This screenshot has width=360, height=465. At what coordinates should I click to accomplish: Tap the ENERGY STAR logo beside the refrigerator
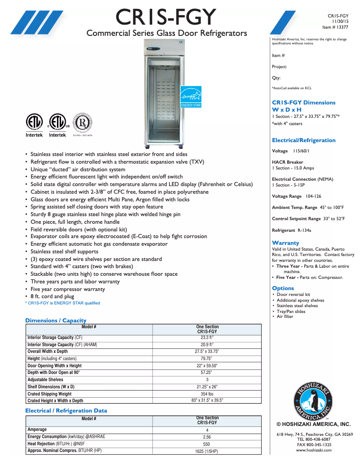(x=191, y=97)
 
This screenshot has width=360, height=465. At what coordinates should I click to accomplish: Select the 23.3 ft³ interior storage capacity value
(x=207, y=338)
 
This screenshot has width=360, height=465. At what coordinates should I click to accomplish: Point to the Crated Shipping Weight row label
(x=49, y=394)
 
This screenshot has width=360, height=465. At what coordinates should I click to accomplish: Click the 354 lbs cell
(x=207, y=394)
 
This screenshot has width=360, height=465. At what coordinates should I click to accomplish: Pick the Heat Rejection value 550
(x=206, y=443)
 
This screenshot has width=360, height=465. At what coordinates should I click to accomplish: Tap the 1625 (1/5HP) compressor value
(x=206, y=451)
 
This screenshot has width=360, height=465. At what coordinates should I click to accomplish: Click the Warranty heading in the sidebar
(x=285, y=243)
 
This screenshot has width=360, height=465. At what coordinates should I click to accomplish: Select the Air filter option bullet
(x=285, y=317)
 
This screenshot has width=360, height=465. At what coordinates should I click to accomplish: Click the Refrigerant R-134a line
(x=291, y=230)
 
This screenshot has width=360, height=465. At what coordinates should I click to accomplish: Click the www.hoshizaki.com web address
(x=313, y=450)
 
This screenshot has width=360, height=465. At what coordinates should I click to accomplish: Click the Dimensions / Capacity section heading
(x=56, y=320)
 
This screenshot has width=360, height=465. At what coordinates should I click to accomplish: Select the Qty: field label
(x=276, y=78)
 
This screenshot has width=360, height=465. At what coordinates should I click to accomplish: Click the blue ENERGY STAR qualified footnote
(x=62, y=303)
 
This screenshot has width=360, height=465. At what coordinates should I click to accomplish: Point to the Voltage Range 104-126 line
(x=296, y=196)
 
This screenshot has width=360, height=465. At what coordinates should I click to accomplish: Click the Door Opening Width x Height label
(x=54, y=365)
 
